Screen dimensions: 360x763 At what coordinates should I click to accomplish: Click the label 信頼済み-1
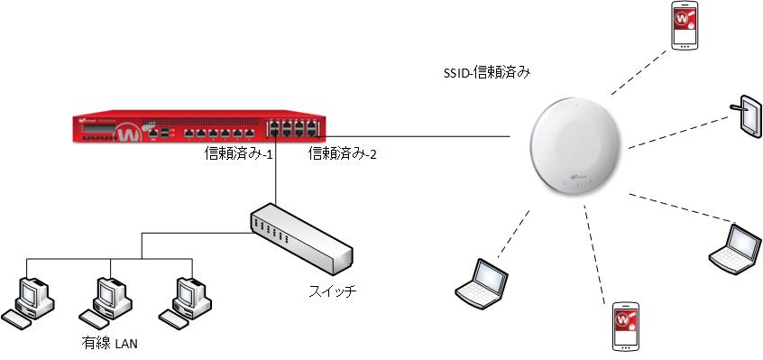[240, 154]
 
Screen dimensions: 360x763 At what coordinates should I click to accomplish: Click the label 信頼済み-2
[343, 154]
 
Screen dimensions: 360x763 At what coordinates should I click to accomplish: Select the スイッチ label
[331, 291]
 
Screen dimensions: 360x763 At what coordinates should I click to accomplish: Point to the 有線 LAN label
[106, 344]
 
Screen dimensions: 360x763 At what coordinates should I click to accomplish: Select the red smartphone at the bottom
[626, 327]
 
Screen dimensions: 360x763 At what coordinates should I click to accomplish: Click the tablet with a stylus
[748, 116]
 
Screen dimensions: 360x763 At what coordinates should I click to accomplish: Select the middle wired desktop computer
[107, 300]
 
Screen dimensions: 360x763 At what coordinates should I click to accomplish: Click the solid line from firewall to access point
[424, 137]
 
